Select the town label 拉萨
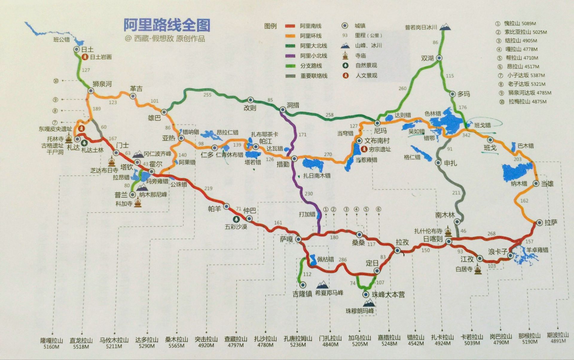pos(551,223)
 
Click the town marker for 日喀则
pos(448,241)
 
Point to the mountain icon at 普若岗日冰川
pos(445,27)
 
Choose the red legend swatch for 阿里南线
pos(290,26)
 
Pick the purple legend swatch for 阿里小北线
pos(290,56)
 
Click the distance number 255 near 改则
pos(207,95)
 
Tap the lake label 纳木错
pos(519,183)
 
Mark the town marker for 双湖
pos(439,58)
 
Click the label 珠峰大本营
pos(388,295)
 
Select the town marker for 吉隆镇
pos(303,285)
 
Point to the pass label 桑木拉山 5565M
pos(176,342)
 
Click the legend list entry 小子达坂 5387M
pos(526,75)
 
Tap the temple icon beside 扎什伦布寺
pos(448,231)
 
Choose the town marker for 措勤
pos(294,158)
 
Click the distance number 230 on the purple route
pos(309,194)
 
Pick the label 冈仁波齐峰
pos(157,154)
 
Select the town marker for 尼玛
pos(377,123)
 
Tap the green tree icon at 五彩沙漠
pos(238,220)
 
